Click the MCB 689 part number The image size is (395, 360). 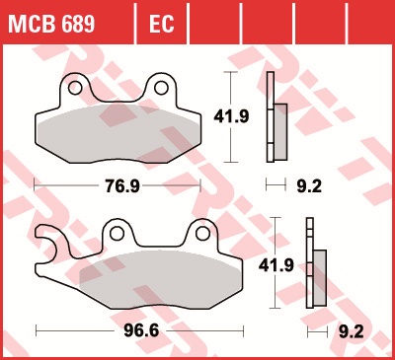[51, 24]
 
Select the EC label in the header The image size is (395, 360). [161, 24]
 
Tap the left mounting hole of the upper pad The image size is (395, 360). [75, 88]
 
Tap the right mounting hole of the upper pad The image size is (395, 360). [161, 88]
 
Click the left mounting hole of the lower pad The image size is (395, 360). [117, 234]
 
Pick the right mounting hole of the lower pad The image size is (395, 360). [202, 234]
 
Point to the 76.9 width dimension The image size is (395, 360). [122, 186]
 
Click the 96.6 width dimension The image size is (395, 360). [141, 330]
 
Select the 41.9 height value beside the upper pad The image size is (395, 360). [231, 116]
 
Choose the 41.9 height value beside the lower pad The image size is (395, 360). [276, 265]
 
